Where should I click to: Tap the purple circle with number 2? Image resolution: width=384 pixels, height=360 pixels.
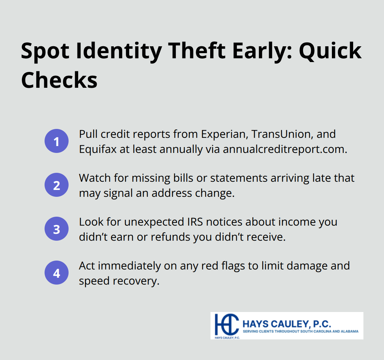(57, 185)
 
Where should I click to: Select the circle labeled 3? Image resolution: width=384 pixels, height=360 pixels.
(57, 229)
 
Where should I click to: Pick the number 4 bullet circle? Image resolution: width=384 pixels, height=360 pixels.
(57, 273)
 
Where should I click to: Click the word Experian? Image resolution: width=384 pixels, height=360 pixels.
(224, 134)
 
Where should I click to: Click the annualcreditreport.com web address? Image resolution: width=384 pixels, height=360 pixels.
(285, 149)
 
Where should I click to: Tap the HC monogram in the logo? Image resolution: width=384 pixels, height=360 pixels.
(227, 324)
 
